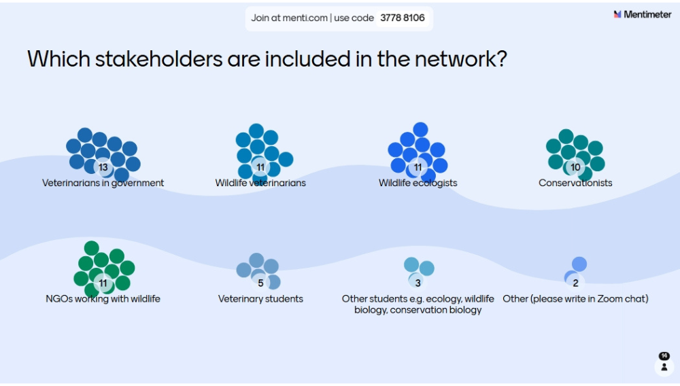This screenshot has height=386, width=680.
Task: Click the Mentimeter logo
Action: click(x=642, y=14)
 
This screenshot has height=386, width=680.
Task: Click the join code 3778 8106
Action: click(x=403, y=18)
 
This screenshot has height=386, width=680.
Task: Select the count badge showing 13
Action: click(x=103, y=167)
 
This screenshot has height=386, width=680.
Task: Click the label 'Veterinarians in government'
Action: click(x=103, y=183)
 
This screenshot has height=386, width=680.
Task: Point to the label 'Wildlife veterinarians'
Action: click(x=260, y=183)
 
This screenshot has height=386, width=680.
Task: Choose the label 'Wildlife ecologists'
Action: click(x=418, y=183)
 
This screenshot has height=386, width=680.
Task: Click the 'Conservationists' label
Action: click(x=575, y=183)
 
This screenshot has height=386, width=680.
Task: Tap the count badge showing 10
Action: click(x=575, y=167)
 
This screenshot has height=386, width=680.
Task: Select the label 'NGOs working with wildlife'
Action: click(x=103, y=299)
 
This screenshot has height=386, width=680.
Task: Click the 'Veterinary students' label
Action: click(x=260, y=299)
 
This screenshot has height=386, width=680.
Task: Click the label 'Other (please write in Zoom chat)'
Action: click(x=575, y=299)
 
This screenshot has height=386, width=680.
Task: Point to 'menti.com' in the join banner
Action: click(x=309, y=18)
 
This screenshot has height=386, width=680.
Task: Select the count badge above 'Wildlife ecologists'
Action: click(x=418, y=167)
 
